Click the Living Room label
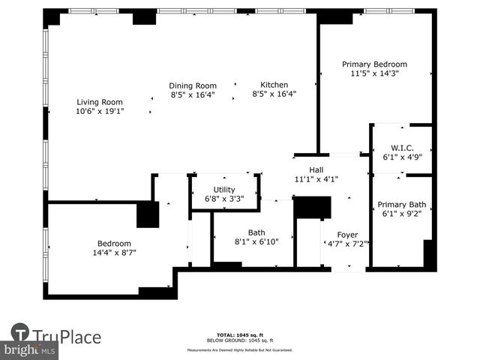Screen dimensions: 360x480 [99, 102]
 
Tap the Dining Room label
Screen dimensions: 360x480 [193, 85]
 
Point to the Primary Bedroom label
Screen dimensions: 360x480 [374, 64]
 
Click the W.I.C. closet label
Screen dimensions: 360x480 [402, 148]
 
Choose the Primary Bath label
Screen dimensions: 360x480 [401, 205]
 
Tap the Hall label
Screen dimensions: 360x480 [316, 169]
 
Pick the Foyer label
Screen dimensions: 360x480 [347, 235]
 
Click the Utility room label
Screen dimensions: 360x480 [224, 190]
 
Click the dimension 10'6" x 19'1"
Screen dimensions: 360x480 [99, 112]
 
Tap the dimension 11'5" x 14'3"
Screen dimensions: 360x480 [374, 73]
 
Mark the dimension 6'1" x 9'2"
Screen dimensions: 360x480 [401, 214]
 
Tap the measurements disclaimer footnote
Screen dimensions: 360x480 [240, 349]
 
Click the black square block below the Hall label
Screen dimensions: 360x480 [312, 207]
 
